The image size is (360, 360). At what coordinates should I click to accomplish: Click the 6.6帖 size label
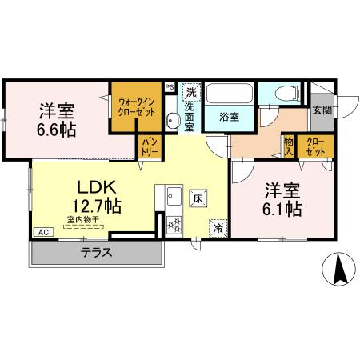57,128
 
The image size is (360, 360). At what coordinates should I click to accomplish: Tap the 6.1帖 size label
283,210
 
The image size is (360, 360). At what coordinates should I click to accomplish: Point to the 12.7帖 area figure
97,206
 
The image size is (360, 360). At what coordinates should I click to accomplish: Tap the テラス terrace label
95,253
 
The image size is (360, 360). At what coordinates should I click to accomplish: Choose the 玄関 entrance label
322,110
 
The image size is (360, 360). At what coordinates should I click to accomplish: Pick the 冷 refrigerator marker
218,228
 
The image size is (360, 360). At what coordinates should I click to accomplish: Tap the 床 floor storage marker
197,197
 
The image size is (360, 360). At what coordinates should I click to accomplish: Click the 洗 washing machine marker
190,91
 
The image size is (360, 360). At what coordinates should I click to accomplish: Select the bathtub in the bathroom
230,94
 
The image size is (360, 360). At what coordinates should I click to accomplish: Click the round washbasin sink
174,121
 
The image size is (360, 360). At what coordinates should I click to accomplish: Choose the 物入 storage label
289,146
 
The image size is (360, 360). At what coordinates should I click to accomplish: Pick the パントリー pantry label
149,146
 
